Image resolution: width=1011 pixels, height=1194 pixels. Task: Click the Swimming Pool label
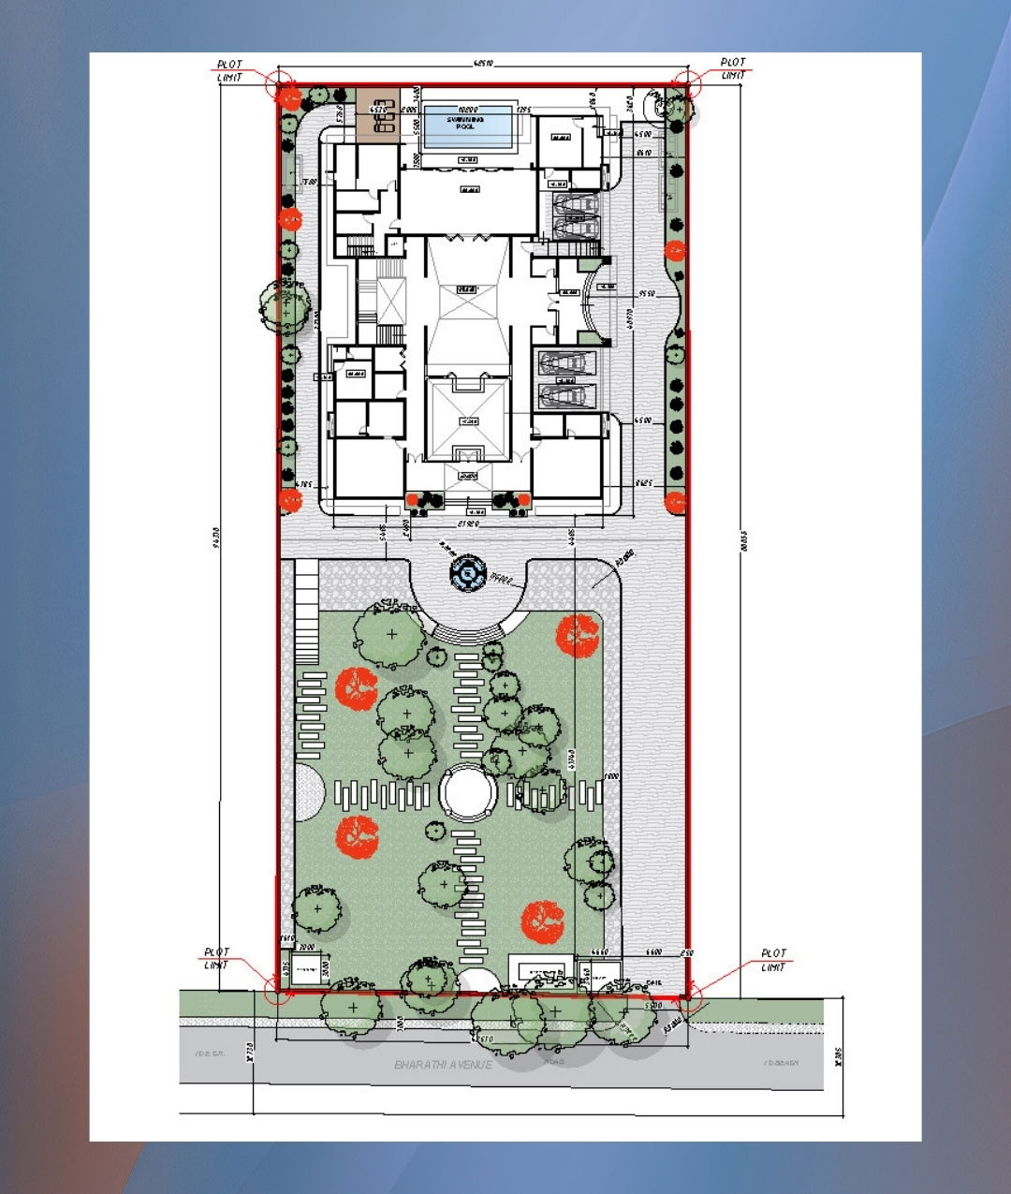[x=465, y=123]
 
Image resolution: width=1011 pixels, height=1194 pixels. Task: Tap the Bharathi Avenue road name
[x=443, y=1064]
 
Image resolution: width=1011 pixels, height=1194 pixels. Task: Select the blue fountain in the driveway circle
[x=467, y=571]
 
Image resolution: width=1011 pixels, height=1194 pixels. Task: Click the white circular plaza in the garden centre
[x=468, y=793]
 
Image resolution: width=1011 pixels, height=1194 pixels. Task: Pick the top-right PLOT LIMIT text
[x=733, y=68]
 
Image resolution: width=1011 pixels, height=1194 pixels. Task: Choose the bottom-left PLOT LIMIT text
[x=216, y=958]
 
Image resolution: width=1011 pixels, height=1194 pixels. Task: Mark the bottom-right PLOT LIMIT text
[x=773, y=960]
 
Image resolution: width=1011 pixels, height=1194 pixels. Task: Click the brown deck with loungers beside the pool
[x=377, y=114]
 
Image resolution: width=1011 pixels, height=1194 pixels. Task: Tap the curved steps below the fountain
[x=468, y=634]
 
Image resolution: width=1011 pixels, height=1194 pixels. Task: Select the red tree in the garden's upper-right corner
[x=578, y=636]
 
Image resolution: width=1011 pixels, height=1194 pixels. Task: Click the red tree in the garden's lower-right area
[x=543, y=921]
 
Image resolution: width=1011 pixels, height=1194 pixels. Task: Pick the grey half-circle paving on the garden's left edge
[x=310, y=792]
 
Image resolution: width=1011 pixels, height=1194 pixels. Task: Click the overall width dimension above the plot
[x=483, y=64]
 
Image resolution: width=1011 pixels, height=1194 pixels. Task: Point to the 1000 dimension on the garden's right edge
[x=611, y=776]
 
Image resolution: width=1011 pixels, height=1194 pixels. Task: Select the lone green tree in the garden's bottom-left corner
[x=315, y=908]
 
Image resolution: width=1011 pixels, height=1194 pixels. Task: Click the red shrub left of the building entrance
[x=413, y=499]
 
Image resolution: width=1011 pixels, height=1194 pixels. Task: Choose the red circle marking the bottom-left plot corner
[x=277, y=991]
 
